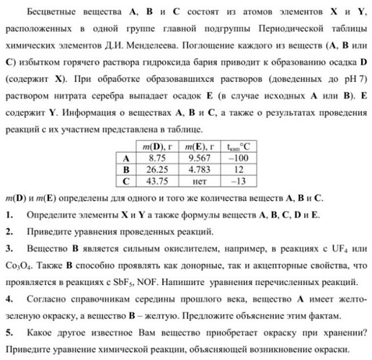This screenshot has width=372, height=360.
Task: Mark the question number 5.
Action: [8, 332]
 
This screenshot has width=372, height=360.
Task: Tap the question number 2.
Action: [8, 232]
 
